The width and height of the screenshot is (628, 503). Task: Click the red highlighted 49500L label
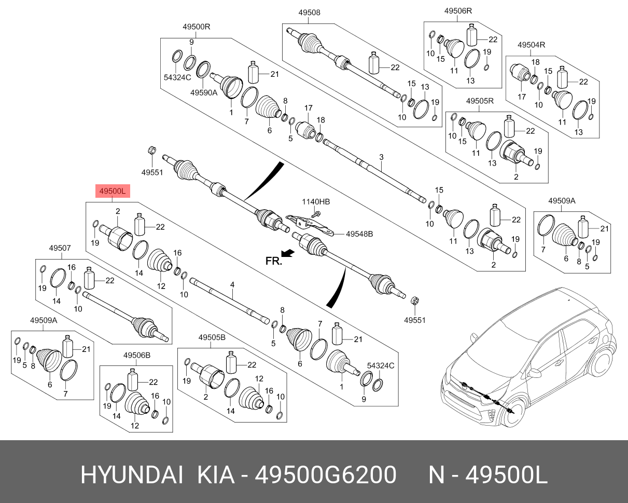(112, 192)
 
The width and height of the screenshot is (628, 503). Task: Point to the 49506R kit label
(458, 11)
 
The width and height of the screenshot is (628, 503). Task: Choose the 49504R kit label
(532, 45)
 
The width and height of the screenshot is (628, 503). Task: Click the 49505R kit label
(480, 101)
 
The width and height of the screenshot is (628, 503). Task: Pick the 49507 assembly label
(60, 248)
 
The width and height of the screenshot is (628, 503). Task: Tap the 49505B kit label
(212, 337)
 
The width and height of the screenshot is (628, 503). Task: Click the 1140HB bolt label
(316, 201)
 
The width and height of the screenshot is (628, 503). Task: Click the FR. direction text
(273, 261)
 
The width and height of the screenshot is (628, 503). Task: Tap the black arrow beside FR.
(288, 253)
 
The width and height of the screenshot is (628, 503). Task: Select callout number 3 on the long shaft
(381, 157)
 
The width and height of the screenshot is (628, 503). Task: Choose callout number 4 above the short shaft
(232, 284)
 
